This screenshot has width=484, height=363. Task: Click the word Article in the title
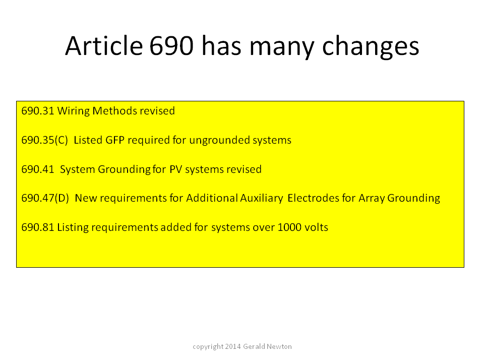104,46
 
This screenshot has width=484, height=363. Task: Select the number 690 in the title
171,46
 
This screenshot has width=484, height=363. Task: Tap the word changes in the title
371,47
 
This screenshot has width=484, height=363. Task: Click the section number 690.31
38,111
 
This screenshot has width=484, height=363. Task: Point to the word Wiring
74,111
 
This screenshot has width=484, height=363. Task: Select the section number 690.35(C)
44,140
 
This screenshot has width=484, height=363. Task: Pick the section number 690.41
38,169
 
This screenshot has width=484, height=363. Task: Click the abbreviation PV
175,169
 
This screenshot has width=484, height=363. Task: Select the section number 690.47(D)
45,198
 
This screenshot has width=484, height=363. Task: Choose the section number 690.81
38,227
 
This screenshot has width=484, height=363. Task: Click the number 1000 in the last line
289,227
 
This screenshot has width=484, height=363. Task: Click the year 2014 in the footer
233,347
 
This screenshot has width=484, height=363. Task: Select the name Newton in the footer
279,347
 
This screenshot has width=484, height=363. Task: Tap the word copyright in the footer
208,347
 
